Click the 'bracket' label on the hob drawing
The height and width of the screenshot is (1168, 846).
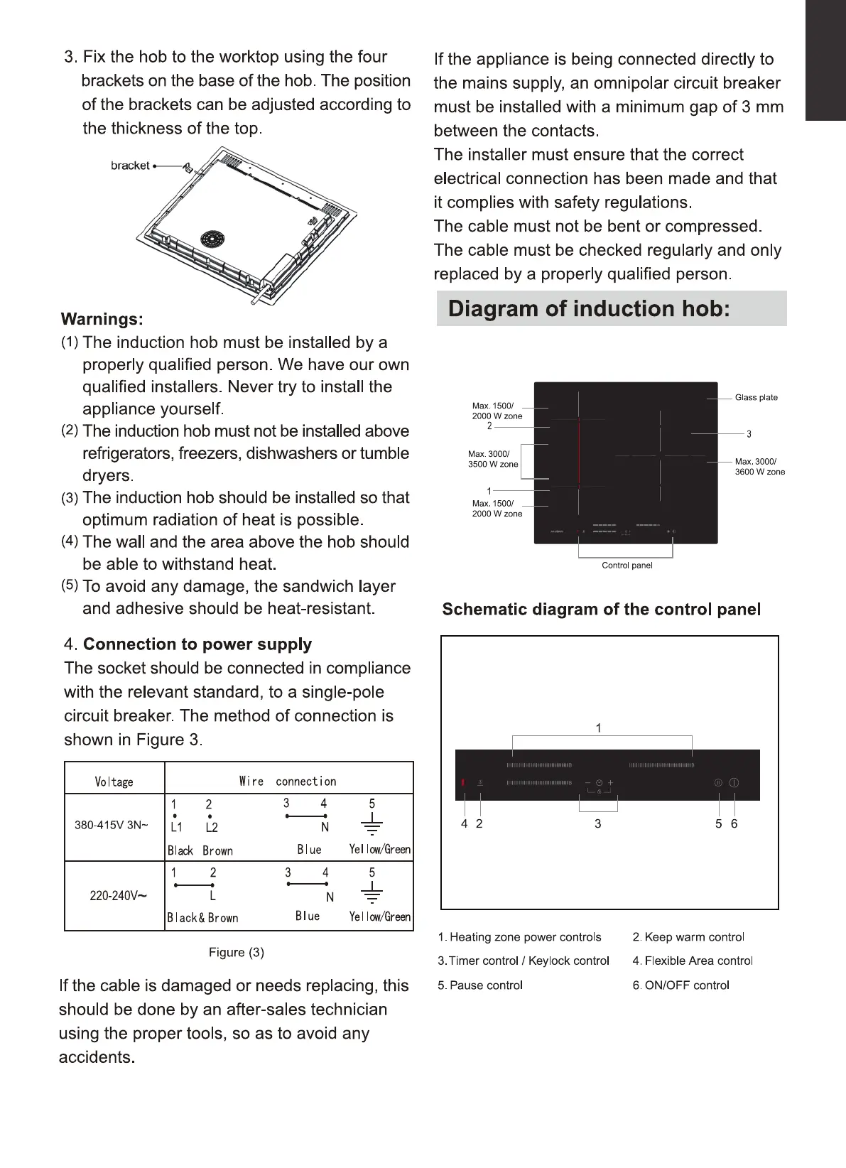coord(130,166)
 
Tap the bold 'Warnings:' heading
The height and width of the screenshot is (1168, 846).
coord(102,319)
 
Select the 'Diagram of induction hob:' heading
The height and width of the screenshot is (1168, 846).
coord(589,309)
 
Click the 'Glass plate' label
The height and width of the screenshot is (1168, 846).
coord(756,398)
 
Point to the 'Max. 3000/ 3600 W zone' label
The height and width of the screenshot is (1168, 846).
coord(759,466)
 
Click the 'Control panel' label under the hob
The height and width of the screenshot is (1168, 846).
coord(627,566)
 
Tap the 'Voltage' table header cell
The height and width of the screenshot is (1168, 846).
coord(114,782)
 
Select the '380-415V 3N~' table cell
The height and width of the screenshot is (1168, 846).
coord(112,826)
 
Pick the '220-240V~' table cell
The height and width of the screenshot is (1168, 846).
coord(118,896)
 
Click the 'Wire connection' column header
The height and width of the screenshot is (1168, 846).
coord(288,782)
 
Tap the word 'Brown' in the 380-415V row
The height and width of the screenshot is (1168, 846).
coord(217,850)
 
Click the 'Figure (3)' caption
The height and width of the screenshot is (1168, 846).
coord(237,953)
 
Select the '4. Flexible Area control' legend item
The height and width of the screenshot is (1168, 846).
coord(693,961)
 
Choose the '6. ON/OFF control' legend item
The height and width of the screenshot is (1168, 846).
coord(680,985)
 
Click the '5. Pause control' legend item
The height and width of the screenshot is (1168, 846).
coord(480,985)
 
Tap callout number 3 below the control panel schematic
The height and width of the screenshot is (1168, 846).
coord(598,823)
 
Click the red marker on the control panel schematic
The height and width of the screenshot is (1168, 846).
coord(463,783)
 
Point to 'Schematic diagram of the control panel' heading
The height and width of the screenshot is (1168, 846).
coord(601,610)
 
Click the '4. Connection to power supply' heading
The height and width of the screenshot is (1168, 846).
coord(188,644)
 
